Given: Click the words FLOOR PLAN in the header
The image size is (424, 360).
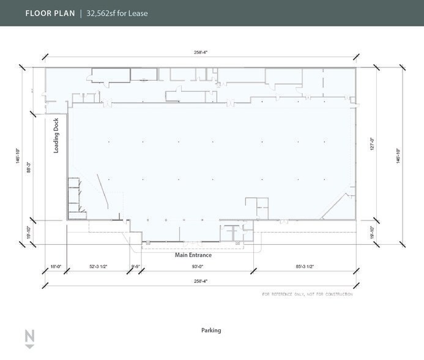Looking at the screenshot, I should point(50,13).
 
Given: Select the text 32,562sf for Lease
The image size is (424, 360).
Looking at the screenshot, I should point(117,13).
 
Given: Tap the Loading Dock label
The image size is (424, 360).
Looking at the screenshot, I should point(56,135).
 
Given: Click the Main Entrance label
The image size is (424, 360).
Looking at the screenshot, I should point(193,255).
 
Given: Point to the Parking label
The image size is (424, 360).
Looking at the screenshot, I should point(211,331).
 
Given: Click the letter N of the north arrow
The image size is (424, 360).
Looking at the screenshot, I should point(29,336).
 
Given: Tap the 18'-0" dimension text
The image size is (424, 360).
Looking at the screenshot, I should point(56,266).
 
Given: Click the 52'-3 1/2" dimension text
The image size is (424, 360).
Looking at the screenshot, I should point(98,266).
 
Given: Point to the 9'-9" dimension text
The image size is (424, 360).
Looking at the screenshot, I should point(136,266).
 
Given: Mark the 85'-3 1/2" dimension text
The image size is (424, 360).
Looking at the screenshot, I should point(303,266).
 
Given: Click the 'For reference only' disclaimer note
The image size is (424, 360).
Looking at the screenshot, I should point(307,294).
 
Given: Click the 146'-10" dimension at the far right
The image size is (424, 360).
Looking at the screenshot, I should point(398,156).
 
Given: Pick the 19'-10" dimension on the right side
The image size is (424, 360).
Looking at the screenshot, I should point(371,232).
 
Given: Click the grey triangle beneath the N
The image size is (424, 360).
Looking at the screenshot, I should point(29,347).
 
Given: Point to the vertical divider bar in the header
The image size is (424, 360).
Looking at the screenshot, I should point(80,13).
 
